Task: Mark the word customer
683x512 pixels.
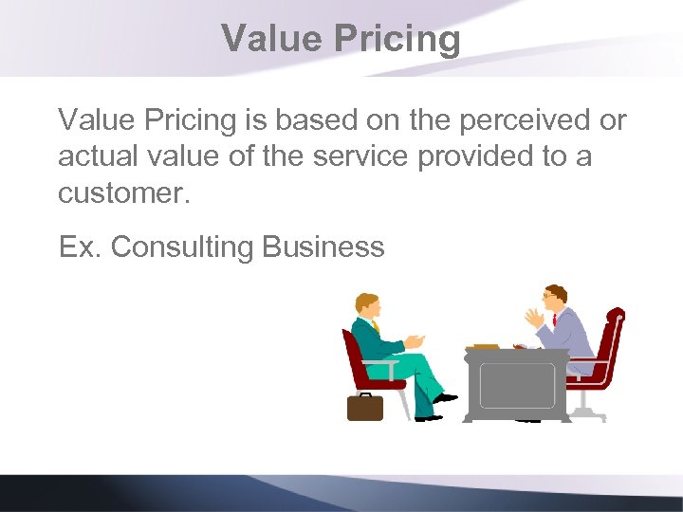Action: [123, 192]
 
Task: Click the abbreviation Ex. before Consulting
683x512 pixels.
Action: [80, 247]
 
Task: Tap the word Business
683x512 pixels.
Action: [323, 247]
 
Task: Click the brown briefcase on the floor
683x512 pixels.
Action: [364, 406]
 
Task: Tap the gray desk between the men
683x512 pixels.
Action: [516, 383]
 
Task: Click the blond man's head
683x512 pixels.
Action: [367, 305]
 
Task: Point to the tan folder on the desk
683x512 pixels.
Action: [486, 346]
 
